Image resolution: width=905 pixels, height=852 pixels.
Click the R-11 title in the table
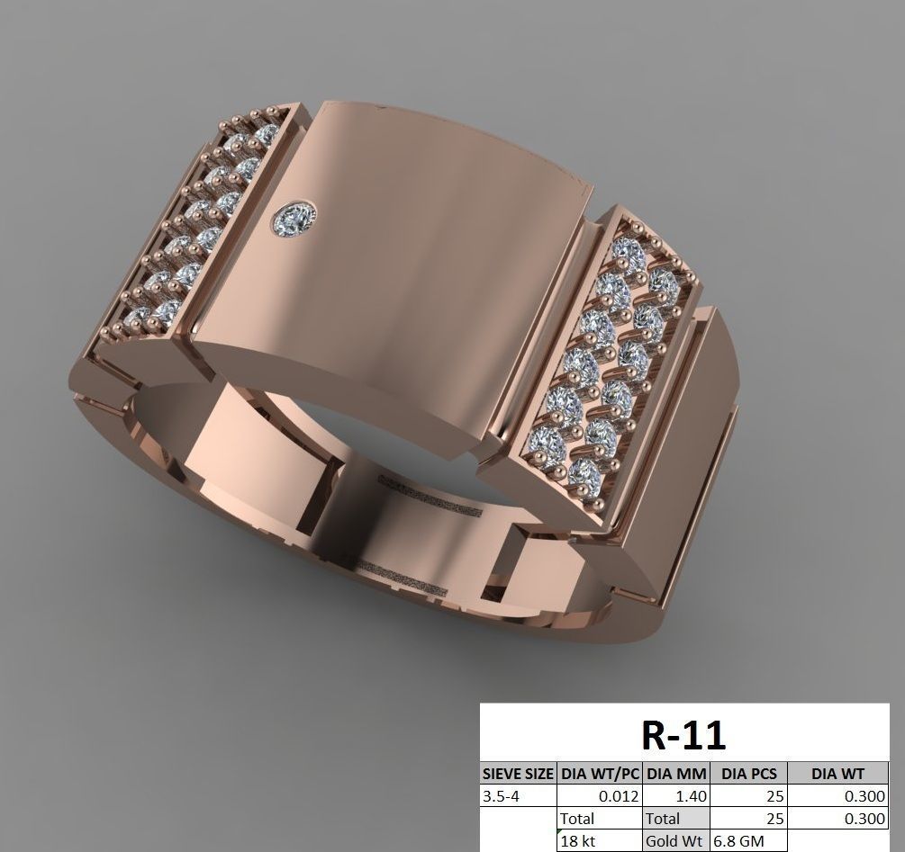tap(683, 734)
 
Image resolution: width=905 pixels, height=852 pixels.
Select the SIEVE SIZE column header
tap(518, 773)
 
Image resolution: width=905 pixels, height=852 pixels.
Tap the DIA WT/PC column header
tap(600, 773)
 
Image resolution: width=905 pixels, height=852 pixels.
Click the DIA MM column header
tap(676, 773)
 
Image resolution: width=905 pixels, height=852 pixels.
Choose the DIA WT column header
tap(837, 773)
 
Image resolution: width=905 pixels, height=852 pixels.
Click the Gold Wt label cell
tap(675, 841)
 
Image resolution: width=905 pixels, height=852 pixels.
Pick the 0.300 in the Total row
tap(865, 819)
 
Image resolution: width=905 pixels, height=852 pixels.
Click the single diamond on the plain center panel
tap(296, 217)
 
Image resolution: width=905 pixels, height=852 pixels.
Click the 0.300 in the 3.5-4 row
tap(865, 796)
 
